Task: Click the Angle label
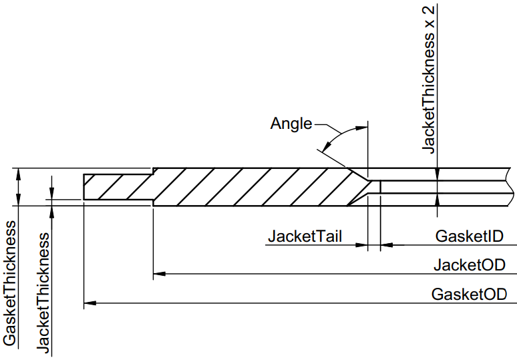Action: pyautogui.click(x=291, y=124)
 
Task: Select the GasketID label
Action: pyautogui.click(x=468, y=236)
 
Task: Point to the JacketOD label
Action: pyautogui.click(x=468, y=264)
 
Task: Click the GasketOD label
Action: pyautogui.click(x=468, y=295)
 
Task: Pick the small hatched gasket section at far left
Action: pyautogui.click(x=117, y=186)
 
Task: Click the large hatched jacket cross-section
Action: pyautogui.click(x=254, y=186)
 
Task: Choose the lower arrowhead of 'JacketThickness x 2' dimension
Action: pyautogui.click(x=437, y=200)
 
